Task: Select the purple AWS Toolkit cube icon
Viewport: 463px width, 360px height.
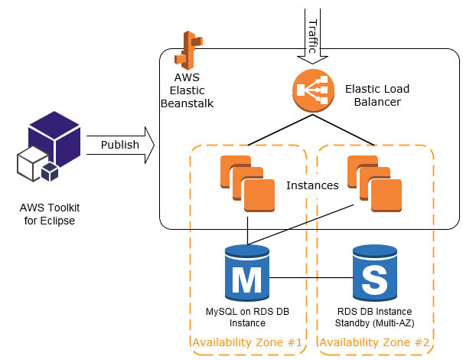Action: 54,139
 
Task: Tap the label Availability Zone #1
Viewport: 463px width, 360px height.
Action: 247,342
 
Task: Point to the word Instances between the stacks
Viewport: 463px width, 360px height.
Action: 312,185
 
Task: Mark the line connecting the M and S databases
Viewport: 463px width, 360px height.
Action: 311,277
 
